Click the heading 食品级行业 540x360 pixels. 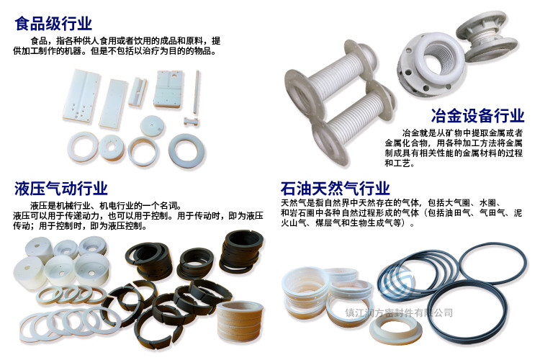coord(53,24)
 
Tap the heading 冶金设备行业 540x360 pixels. coord(477,115)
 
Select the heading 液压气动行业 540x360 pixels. coord(61,189)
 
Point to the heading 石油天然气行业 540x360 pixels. coord(335,189)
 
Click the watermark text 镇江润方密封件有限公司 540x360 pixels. coord(399,312)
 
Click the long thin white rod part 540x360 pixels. coord(197,92)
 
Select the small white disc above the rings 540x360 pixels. coord(152,125)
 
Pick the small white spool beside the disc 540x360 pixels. coord(192,121)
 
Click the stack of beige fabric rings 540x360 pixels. coord(240,321)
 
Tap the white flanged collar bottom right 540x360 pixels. coord(396,329)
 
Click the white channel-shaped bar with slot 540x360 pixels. coord(138,91)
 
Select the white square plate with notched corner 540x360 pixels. coord(168,89)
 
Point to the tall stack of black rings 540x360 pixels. coord(242,252)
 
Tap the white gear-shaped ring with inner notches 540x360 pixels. coord(112,148)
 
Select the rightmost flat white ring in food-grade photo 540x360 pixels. coord(186,150)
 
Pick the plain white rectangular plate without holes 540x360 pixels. coord(113,104)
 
